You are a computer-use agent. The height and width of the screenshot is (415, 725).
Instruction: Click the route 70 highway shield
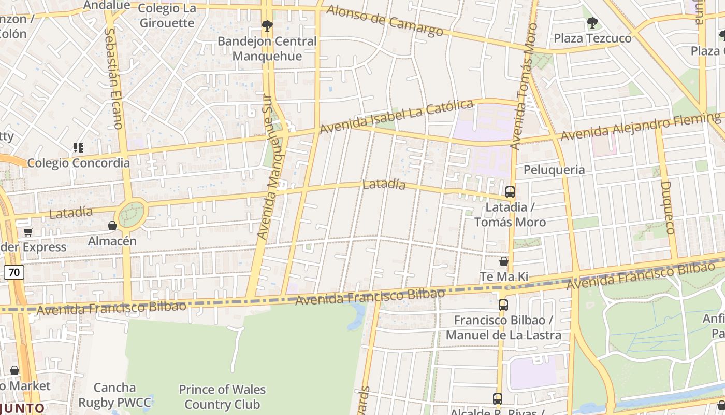15,272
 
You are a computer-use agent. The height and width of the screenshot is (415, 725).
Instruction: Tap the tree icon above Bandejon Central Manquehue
267,25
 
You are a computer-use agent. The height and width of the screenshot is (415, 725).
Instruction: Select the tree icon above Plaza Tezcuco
592,23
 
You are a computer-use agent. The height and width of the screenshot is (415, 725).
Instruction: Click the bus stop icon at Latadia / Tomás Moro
510,192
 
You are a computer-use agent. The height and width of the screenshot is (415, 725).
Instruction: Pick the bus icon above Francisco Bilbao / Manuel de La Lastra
503,305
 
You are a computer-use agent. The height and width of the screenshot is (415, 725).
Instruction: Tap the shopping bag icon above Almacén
112,226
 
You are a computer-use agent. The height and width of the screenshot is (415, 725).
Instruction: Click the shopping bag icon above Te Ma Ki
503,261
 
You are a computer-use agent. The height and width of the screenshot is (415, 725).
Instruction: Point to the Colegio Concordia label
79,163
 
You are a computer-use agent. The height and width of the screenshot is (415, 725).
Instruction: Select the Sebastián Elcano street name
113,78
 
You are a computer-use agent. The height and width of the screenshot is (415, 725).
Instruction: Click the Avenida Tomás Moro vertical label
524,86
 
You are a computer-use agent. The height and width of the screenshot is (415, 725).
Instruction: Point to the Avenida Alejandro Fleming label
640,127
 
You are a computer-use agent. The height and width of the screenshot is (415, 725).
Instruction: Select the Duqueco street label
667,208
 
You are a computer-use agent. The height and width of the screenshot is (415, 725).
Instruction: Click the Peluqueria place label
554,170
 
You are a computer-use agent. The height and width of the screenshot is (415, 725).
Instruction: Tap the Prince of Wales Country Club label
222,397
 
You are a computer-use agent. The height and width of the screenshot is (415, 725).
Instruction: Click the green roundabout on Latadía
132,215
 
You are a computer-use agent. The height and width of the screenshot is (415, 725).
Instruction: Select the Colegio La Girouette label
166,16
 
